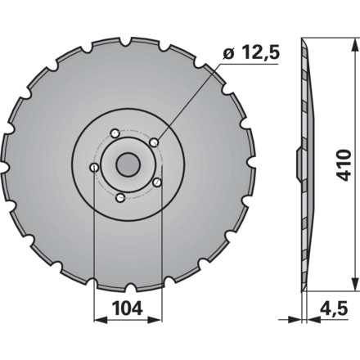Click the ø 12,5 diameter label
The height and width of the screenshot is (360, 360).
coord(251,53)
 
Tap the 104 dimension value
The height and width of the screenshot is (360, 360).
coord(128,308)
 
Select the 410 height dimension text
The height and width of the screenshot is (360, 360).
coord(343,165)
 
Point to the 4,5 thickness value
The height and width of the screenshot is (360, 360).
coord(335,308)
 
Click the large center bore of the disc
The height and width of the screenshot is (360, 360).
coord(128,164)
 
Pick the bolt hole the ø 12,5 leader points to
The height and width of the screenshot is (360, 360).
coord(155,142)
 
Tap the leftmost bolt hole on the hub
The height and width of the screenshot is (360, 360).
coord(94,167)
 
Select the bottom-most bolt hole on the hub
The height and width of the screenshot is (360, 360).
coord(120,198)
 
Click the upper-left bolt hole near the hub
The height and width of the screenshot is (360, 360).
coord(115,134)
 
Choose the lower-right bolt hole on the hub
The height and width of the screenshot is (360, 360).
coord(157,182)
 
